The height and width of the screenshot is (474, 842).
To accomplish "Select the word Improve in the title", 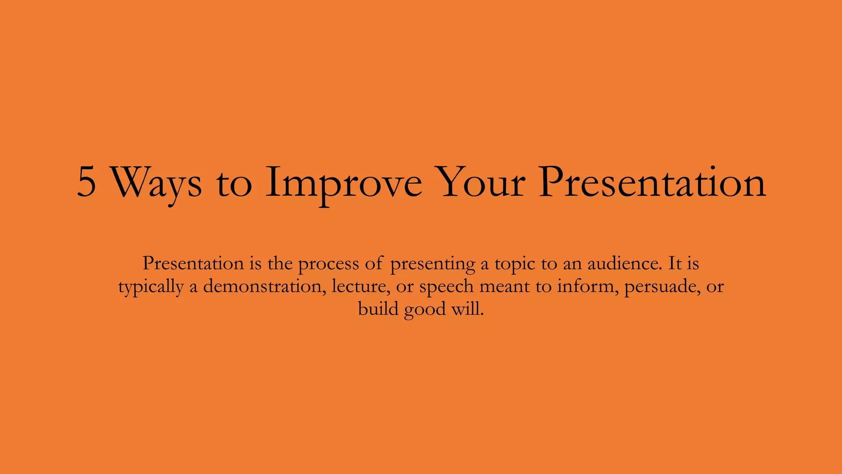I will pyautogui.click(x=344, y=183).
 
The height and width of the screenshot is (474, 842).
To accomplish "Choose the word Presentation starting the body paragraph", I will pyautogui.click(x=193, y=263).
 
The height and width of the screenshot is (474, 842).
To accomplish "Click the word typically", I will pyautogui.click(x=151, y=287).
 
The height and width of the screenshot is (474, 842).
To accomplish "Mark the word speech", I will pyautogui.click(x=446, y=287).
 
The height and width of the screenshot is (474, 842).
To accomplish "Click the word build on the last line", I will pyautogui.click(x=378, y=309).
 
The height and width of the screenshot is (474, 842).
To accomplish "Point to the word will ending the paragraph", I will pyautogui.click(x=467, y=309).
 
